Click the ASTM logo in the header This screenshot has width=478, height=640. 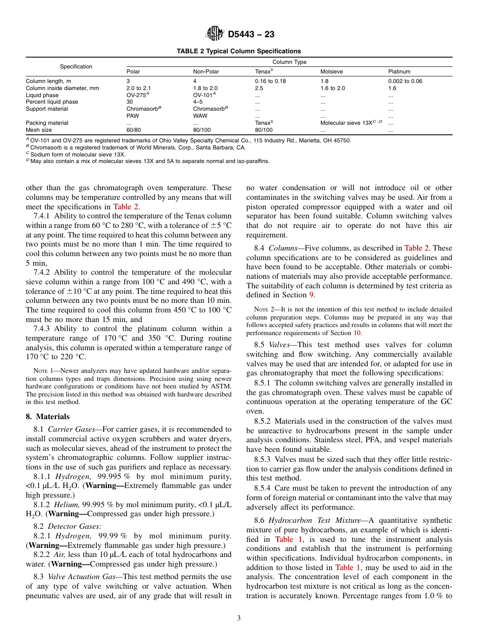click(215, 34)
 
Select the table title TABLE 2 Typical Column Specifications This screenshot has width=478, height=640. click(239, 51)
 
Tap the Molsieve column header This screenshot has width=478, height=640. click(332, 71)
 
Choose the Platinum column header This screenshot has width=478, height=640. click(399, 71)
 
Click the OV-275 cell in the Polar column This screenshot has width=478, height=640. click(137, 95)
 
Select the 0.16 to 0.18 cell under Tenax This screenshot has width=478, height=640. click(270, 81)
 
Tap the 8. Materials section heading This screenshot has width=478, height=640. click(48, 417)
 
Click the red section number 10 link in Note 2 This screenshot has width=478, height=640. click(357, 333)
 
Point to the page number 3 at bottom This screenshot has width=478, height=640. click(239, 618)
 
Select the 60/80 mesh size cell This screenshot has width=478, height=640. click(133, 130)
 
